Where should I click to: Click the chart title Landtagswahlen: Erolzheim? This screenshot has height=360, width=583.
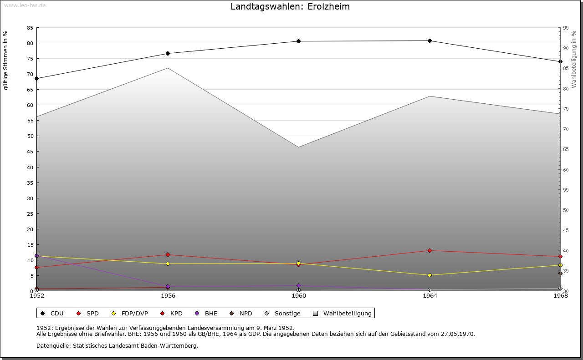click(x=290, y=7)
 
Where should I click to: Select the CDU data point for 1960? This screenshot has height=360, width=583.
click(x=299, y=41)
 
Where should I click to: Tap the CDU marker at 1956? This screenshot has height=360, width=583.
click(x=168, y=54)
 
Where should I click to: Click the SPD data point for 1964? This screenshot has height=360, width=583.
click(x=430, y=251)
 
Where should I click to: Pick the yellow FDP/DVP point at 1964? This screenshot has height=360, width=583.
click(x=430, y=275)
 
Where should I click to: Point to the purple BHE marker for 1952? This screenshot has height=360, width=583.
click(x=36, y=256)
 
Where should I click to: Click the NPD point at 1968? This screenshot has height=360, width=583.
click(x=560, y=274)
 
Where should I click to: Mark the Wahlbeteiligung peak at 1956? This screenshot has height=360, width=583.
click(x=168, y=68)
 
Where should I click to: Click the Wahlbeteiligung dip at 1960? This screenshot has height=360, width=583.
click(x=299, y=147)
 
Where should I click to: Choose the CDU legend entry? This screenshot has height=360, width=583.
click(x=52, y=314)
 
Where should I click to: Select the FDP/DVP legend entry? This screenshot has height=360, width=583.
click(x=130, y=314)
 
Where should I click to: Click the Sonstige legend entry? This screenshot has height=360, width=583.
click(x=282, y=314)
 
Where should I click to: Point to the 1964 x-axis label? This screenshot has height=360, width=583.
click(x=430, y=296)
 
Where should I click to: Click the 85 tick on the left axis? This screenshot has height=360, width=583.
click(x=30, y=28)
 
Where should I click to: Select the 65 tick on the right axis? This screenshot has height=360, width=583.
click(x=566, y=149)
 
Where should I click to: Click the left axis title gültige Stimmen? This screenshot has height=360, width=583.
click(x=5, y=60)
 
